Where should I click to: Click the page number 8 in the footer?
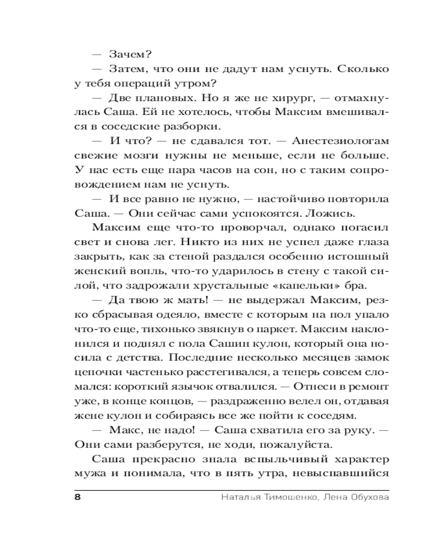coord(77,498)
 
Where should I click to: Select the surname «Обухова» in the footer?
coord(366,498)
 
